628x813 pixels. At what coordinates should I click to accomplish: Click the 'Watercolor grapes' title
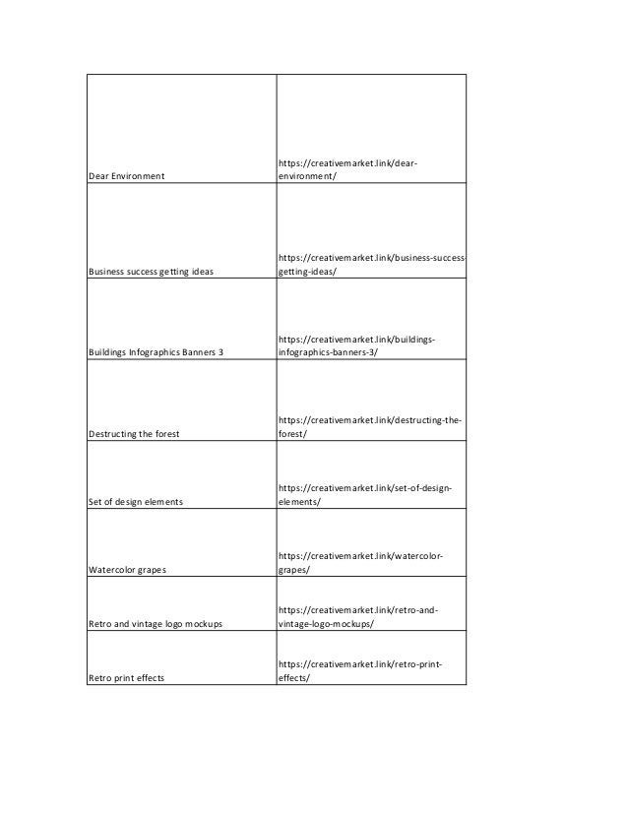point(127,569)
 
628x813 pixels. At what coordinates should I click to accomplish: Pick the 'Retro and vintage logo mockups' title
point(155,624)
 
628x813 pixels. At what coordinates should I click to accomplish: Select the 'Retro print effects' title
point(126,677)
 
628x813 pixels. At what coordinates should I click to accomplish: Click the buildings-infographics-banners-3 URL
point(356,344)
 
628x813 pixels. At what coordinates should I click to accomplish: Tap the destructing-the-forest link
point(369,424)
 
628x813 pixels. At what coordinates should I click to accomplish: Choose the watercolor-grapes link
point(359,562)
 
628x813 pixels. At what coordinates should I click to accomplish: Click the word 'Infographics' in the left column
point(157,351)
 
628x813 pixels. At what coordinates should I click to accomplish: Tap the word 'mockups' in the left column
point(201,624)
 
